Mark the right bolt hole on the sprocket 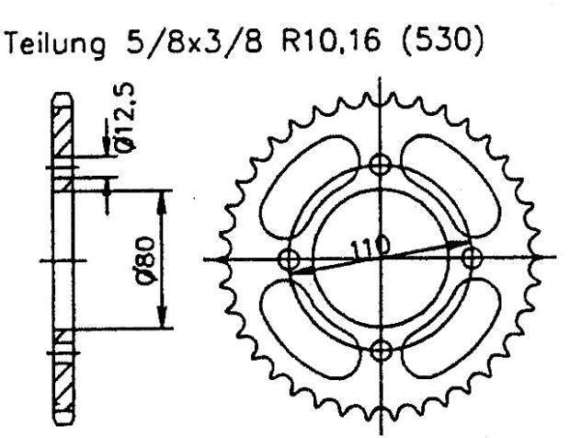(472, 258)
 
